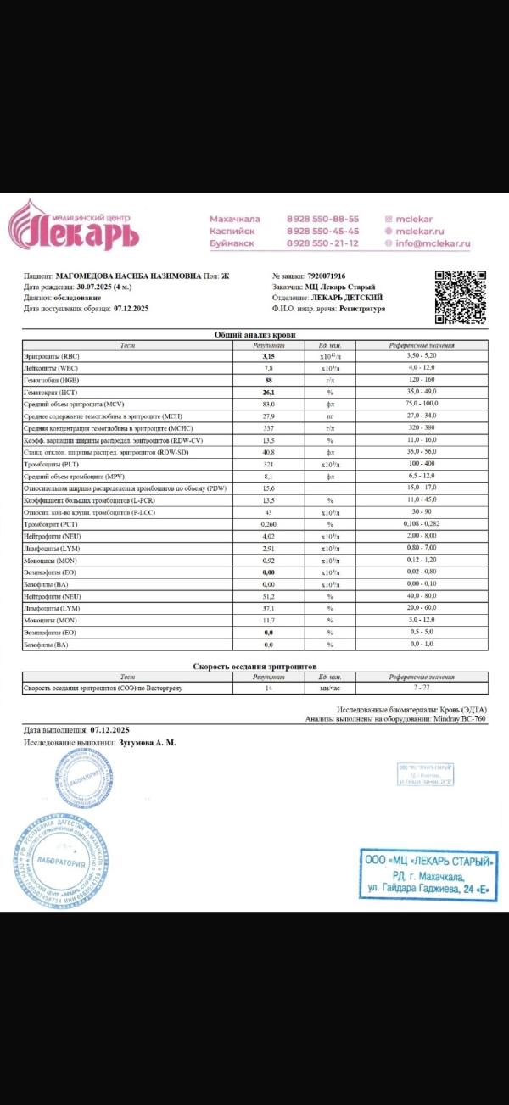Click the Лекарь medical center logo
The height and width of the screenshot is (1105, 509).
[x=74, y=226]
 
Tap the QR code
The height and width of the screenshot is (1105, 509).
[x=461, y=297]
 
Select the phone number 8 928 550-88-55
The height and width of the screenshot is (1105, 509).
[x=322, y=219]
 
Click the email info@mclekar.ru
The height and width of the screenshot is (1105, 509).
[x=432, y=243]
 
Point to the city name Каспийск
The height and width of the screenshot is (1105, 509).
[x=230, y=231]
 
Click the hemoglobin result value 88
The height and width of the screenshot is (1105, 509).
[x=268, y=381]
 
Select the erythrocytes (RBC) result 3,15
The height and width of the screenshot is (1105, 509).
[x=268, y=357]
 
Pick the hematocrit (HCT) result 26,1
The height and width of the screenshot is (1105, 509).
[x=268, y=393]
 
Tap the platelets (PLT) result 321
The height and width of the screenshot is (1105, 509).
[x=268, y=466]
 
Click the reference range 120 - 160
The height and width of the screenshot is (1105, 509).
[x=422, y=381]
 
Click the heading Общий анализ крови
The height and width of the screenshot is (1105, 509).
[x=255, y=336]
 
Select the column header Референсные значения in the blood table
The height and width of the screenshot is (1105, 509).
[x=422, y=346]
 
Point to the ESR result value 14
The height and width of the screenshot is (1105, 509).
[x=268, y=688]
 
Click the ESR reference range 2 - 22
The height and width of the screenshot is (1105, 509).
[x=422, y=688]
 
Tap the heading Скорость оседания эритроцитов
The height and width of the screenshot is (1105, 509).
[x=255, y=667]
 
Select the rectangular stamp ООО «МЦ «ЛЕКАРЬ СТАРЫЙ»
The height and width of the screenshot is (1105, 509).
[x=428, y=874]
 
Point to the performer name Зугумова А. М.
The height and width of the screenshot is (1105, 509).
[x=148, y=743]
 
